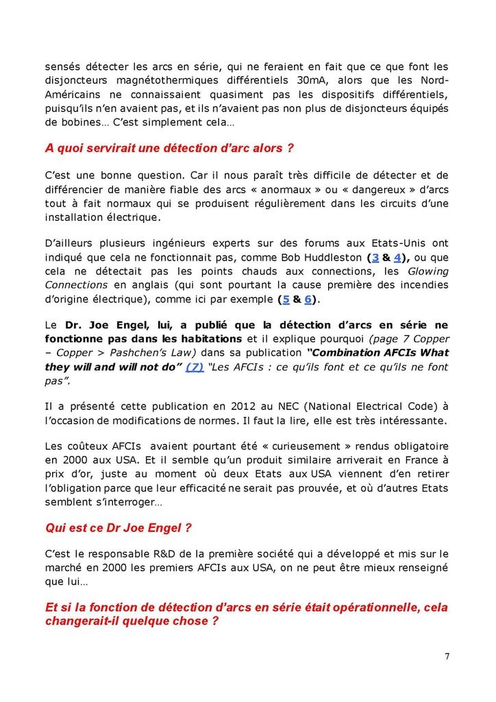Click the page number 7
[447, 656]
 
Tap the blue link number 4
[397, 257]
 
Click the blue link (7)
[195, 366]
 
